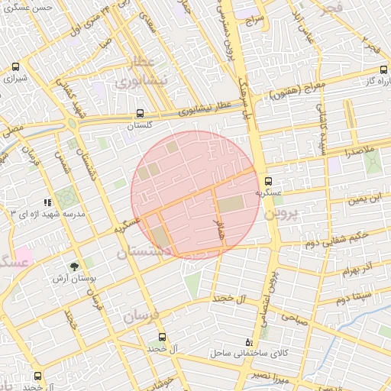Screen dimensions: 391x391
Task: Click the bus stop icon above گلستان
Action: coord(139,114)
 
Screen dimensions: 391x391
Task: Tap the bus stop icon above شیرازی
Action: coord(16,67)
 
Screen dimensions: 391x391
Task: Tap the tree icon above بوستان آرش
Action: coord(74,267)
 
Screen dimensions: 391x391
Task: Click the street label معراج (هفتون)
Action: coord(297,90)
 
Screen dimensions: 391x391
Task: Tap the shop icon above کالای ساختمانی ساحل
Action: coord(248,342)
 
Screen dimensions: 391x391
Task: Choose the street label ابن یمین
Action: coord(364,200)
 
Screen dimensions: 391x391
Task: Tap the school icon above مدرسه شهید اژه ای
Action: coord(47,202)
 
